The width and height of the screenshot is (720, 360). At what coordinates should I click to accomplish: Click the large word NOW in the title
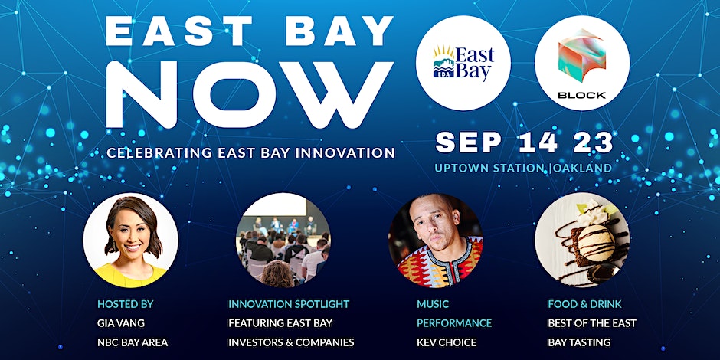(250, 95)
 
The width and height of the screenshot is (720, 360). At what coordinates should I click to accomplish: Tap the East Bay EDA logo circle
(463, 63)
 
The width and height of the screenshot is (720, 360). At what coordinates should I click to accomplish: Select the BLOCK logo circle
(582, 63)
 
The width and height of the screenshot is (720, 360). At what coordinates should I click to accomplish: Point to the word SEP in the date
(468, 142)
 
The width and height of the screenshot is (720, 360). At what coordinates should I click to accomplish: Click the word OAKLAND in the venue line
(583, 168)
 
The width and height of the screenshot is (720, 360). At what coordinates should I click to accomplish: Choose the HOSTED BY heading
(126, 304)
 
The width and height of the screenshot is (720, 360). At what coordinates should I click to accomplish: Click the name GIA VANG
(121, 323)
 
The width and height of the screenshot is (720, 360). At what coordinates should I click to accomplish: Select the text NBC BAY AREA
(133, 342)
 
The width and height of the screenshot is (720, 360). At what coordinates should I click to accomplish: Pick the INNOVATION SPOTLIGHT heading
(289, 304)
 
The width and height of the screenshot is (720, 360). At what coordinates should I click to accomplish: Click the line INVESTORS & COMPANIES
(291, 342)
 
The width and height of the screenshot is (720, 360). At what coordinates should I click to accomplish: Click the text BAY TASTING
(579, 342)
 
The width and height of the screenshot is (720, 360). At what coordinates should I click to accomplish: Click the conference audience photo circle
(283, 241)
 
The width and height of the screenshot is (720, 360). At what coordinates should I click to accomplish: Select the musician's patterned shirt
(440, 264)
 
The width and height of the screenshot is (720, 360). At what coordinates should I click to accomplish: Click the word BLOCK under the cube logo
(582, 96)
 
